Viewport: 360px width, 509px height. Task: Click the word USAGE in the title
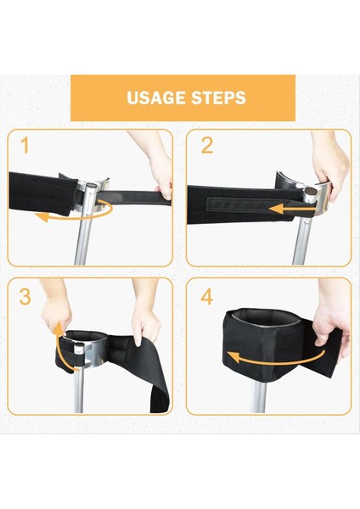[x=156, y=98]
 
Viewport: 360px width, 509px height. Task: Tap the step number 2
[x=206, y=146]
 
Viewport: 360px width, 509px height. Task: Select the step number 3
[x=25, y=297]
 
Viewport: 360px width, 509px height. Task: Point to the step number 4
[x=207, y=297]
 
